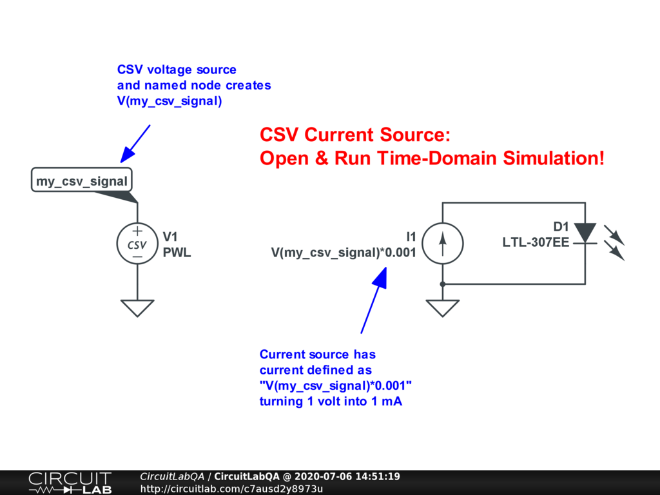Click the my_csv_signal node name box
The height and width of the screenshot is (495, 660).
coord(81,181)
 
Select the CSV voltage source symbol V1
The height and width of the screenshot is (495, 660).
coord(137,244)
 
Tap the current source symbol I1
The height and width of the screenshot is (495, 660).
coord(442,244)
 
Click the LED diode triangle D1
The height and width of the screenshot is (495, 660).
coord(585,233)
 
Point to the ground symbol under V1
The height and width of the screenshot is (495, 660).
coord(137,308)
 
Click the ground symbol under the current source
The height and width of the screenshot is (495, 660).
coord(442,308)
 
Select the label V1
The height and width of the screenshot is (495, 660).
coord(170,237)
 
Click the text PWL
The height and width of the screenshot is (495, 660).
coord(177,253)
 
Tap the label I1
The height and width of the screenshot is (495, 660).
coord(411,237)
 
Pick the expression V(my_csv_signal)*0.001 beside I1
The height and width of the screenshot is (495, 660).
coord(344,253)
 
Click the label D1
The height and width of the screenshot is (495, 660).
coord(561,226)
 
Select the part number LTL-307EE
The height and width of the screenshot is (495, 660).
coord(536,242)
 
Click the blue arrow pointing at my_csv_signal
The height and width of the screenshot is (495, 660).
coord(135,143)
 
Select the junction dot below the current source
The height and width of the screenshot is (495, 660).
coord(442,284)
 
